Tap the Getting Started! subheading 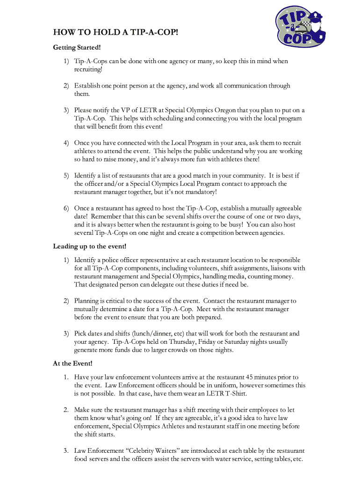77,47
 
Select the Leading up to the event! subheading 90,246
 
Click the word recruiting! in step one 88,69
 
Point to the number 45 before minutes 250,377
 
